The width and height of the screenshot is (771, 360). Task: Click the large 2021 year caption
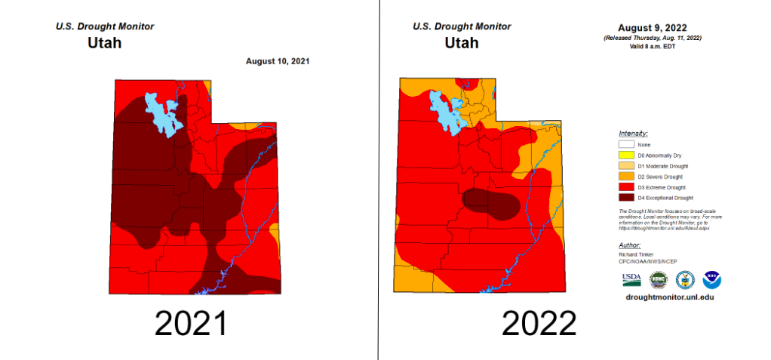pos(191,324)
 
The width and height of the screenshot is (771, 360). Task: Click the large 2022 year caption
pos(539,324)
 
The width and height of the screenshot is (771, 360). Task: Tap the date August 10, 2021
pos(278,61)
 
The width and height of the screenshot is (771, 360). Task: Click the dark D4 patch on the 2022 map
pos(490,203)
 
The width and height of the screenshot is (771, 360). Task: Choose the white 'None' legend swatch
pos(625,144)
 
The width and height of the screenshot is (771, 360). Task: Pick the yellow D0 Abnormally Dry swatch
pos(625,155)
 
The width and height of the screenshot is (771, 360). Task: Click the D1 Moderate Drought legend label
pos(662,165)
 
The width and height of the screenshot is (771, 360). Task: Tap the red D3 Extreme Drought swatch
pos(625,186)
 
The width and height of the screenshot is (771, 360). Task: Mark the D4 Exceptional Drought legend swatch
pos(625,197)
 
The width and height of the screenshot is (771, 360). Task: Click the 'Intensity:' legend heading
pos(632,133)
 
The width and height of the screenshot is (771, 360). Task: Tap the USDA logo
pos(631,280)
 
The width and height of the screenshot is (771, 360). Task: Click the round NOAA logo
pos(712,280)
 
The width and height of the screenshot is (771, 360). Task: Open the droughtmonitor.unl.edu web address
pos(670,297)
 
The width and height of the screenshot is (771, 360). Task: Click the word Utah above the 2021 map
pos(105,43)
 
